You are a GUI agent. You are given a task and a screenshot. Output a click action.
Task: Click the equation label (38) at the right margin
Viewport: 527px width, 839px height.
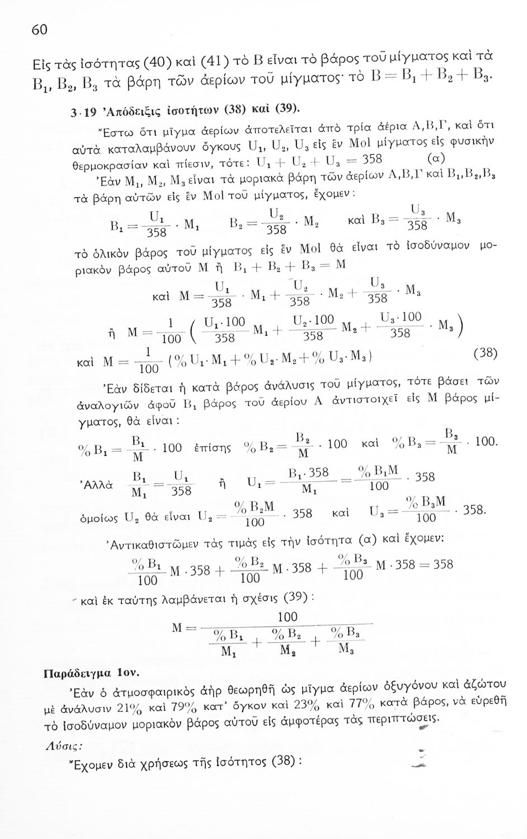(x=484, y=353)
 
